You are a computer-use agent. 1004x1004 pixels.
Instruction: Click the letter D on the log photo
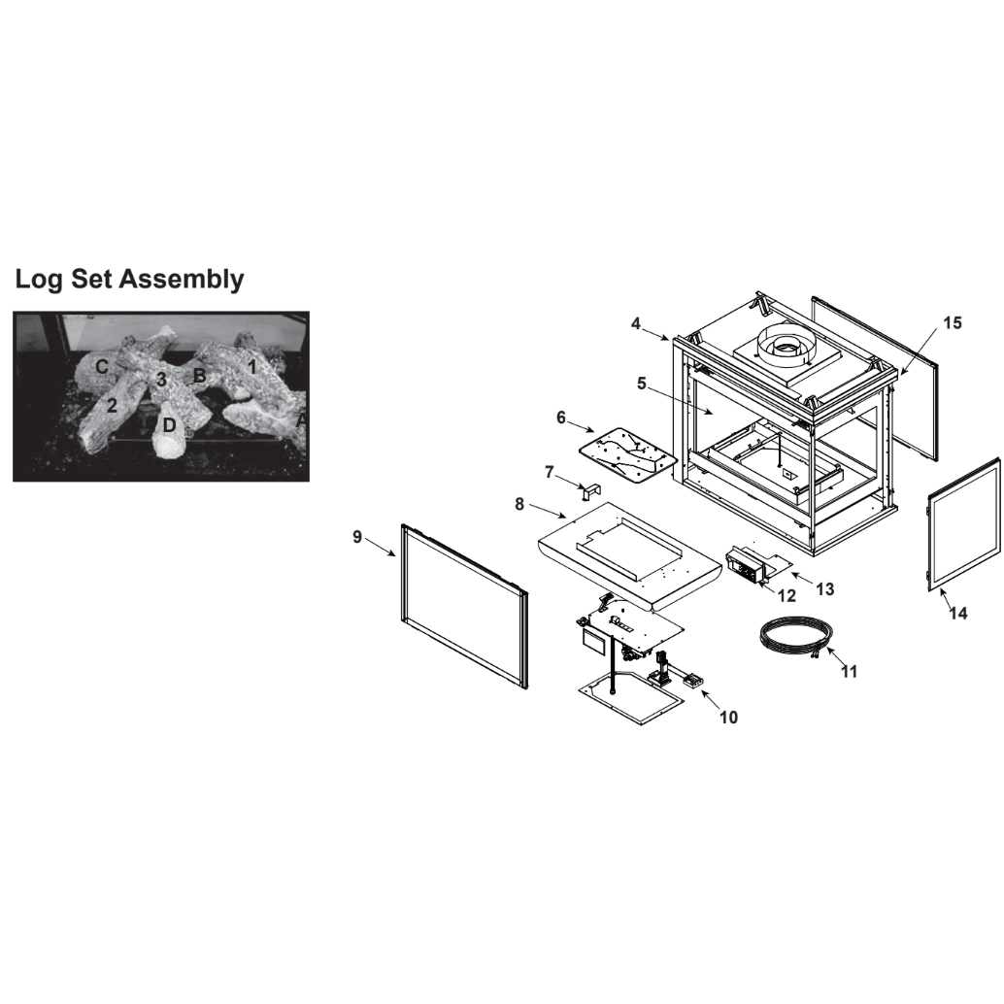(168, 425)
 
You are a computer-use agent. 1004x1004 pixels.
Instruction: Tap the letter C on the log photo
(101, 367)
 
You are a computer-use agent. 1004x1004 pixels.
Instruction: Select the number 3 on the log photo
(161, 380)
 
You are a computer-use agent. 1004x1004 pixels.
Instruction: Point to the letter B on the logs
(199, 375)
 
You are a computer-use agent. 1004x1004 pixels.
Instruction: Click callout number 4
(635, 323)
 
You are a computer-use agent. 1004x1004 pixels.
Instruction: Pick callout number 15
(953, 322)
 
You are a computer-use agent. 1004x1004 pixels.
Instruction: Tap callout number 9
(357, 537)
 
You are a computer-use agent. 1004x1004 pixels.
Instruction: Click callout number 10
(728, 718)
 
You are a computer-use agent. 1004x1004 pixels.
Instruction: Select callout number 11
(849, 671)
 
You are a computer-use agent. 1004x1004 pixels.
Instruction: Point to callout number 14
(958, 613)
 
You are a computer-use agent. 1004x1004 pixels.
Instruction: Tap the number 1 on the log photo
(252, 368)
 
